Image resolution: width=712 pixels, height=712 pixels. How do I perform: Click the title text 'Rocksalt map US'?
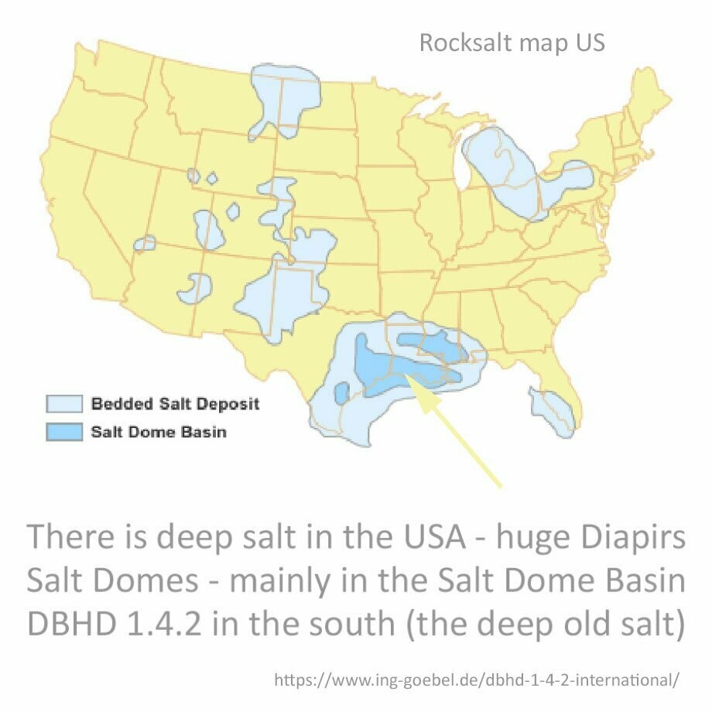pos(512,43)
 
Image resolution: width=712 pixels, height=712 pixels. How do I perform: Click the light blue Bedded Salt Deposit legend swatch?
pos(63,404)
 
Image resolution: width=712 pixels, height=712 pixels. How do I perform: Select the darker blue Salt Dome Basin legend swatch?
pos(63,431)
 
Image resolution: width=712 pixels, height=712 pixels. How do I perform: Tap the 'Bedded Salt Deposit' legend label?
pos(175,404)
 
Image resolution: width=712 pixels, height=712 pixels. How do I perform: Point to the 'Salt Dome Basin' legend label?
pos(159,431)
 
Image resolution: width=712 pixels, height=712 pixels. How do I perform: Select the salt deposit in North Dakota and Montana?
pos(283,97)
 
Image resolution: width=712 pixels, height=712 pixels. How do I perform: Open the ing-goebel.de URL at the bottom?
pos(477,680)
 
